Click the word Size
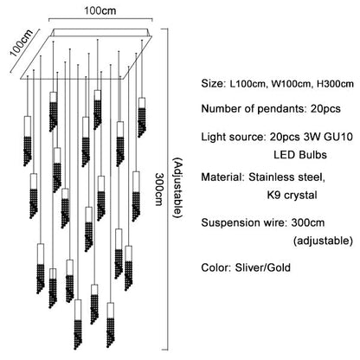click(x=212, y=83)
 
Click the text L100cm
click(x=251, y=83)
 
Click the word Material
click(x=222, y=177)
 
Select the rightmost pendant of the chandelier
click(x=141, y=110)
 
